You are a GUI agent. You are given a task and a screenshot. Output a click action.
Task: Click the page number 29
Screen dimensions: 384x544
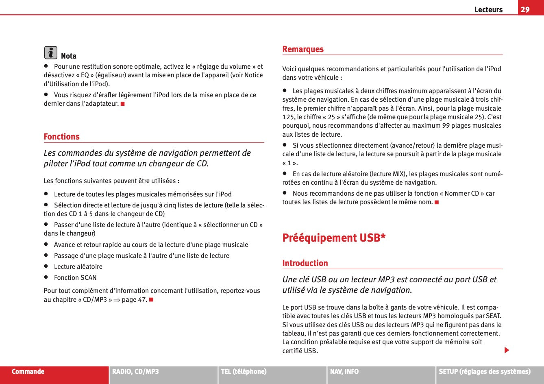525,9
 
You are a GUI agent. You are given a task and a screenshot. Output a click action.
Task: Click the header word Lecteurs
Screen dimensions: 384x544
488,9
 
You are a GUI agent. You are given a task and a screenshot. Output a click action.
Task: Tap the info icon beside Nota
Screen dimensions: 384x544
50,52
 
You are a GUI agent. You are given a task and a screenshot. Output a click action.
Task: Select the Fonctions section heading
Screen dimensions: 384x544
62,137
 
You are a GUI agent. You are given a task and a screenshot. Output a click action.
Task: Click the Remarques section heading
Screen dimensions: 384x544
303,49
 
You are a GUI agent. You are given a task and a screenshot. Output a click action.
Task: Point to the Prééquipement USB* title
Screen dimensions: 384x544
334,238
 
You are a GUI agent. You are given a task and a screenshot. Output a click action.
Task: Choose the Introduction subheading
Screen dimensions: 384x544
305,263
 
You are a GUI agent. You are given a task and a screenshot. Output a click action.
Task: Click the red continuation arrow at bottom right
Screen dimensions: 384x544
507,350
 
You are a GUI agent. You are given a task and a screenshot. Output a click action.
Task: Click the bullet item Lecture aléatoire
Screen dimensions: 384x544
78,267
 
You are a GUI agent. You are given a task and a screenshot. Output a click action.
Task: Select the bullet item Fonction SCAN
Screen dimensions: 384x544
75,278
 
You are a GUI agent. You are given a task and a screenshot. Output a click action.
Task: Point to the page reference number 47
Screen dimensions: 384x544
142,300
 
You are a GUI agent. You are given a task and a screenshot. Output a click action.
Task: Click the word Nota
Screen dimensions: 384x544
69,56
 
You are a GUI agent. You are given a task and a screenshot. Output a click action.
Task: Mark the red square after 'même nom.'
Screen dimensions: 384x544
437,202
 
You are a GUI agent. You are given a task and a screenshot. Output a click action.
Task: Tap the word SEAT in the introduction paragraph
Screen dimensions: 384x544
493,316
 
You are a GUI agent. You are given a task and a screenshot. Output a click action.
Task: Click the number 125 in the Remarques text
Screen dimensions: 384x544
288,117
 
